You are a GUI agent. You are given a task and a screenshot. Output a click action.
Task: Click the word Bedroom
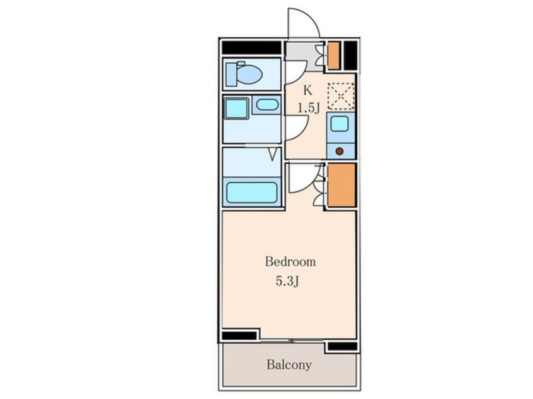coord(290,262)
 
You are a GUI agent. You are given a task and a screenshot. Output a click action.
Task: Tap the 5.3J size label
coord(287,281)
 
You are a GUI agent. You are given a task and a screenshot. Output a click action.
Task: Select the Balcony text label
coord(289,365)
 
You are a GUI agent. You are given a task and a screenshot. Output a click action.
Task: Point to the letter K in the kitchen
coord(307,90)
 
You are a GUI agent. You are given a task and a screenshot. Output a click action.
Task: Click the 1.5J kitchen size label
coord(309,108)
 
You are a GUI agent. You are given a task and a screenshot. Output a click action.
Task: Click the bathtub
coord(252,193)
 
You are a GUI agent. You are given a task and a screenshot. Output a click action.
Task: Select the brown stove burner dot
coord(340,151)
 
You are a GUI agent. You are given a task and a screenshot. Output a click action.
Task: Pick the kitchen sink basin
coord(340,123)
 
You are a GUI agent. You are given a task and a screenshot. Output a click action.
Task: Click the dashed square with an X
coord(341,96)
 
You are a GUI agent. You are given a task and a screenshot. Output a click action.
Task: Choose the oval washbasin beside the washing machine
coord(267,104)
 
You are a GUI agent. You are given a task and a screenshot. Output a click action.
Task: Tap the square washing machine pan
coord(237,109)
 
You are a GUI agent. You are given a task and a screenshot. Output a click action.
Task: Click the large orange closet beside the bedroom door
coord(341,185)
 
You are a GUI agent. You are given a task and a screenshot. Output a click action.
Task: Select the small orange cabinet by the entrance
coord(334,55)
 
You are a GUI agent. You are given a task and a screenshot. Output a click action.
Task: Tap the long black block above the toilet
coord(251,48)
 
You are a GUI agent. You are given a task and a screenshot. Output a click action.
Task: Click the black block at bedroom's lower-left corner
coord(239,335)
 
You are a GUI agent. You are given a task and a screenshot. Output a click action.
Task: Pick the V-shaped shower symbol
coord(273,155)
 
